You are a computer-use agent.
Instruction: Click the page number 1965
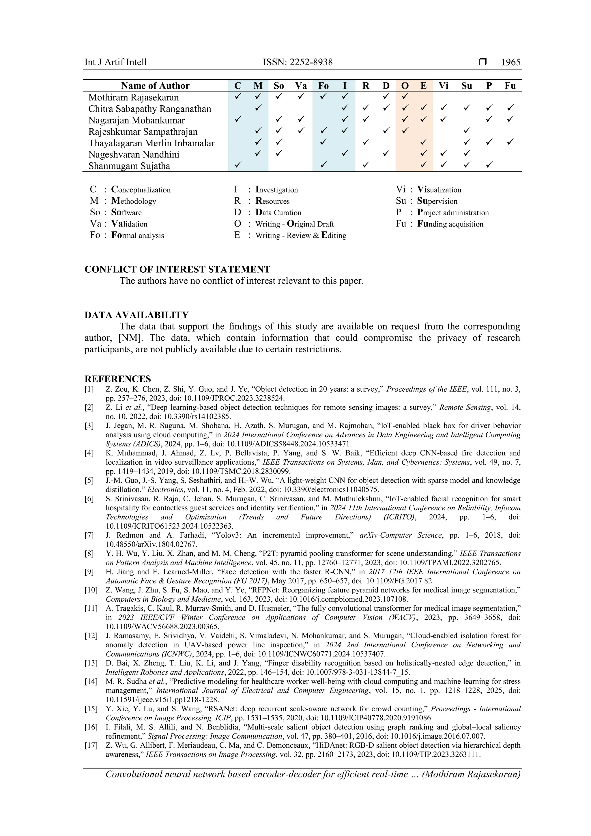pos(510,62)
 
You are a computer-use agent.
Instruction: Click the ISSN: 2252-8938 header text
pos(298,62)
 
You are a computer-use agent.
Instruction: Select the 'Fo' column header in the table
pos(323,86)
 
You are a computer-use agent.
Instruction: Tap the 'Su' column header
pos(466,86)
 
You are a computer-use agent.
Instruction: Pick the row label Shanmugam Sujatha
pos(129,166)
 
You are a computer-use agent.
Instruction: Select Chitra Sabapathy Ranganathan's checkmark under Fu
pos(510,108)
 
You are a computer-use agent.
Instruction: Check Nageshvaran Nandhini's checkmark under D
pos(386,153)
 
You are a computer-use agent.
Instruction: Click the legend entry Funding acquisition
pos(450,224)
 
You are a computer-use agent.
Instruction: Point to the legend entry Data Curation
pos(278,213)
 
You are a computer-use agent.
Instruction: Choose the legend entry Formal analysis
pos(137,235)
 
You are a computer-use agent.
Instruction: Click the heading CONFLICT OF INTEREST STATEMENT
pos(177,270)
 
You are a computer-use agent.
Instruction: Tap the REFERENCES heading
pos(118,379)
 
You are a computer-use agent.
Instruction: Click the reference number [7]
pos(89,535)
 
